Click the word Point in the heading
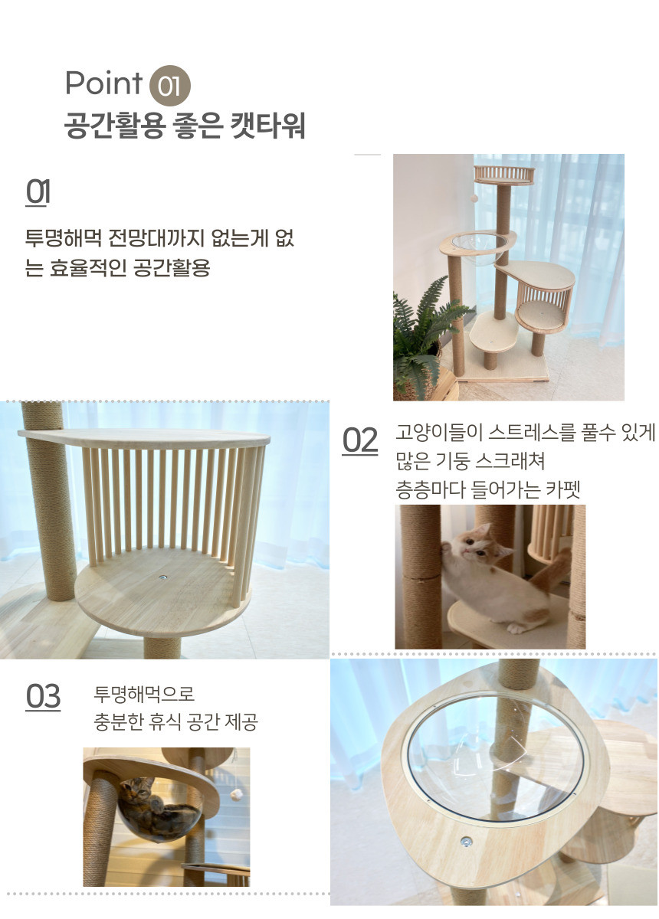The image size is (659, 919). pos(104,83)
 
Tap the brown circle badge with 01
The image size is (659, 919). pos(169,85)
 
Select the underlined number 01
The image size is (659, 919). pos(38,192)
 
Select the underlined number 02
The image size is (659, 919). pos(360,440)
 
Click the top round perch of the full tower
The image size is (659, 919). pos(504,175)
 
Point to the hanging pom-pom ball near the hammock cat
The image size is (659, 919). pos(236,795)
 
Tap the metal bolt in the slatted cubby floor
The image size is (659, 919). pos(163,577)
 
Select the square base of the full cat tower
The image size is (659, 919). pos(502,371)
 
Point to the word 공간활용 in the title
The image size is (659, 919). pos(115,125)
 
